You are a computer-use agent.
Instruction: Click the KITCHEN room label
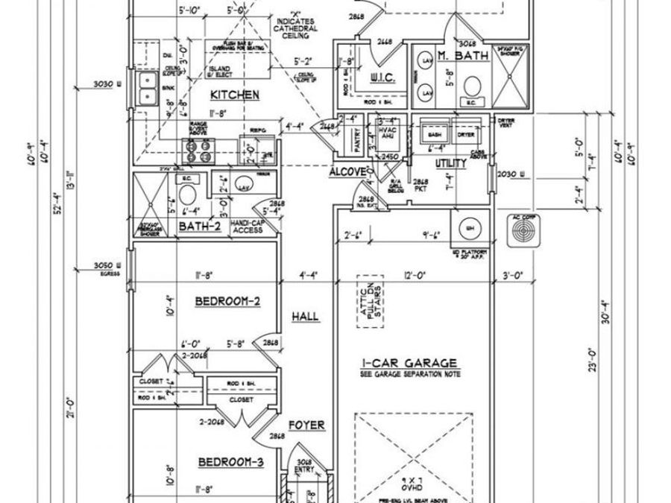(234, 95)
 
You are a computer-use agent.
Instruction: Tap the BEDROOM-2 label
(227, 301)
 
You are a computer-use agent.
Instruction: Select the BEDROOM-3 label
(230, 463)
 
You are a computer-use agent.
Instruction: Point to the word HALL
(305, 317)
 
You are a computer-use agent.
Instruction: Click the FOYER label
(306, 426)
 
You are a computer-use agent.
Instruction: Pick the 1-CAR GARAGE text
(409, 363)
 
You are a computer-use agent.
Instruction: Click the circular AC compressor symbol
(523, 230)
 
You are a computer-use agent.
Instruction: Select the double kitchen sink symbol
(145, 89)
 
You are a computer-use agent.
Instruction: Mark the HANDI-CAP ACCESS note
(247, 226)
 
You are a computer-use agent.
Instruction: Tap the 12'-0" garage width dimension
(414, 275)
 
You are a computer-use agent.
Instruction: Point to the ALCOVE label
(347, 171)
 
